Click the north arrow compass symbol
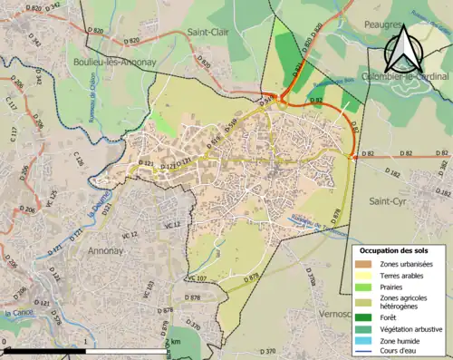click(x=401, y=49)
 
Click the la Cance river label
click(x=18, y=314)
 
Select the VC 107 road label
click(x=198, y=277)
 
